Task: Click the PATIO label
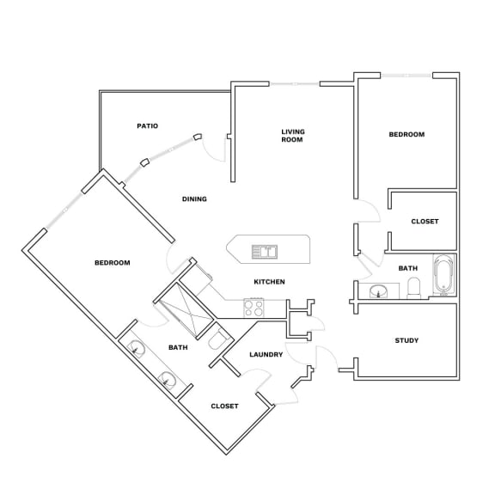[x=148, y=126]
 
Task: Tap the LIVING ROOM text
[x=293, y=136]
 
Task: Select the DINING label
[x=194, y=199]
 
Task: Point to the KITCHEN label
[x=269, y=282]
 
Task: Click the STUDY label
[x=406, y=340]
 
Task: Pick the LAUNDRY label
[x=266, y=355]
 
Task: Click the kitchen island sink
[x=265, y=252]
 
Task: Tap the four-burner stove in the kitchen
[x=254, y=308]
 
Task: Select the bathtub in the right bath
[x=444, y=275]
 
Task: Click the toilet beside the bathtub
[x=414, y=288]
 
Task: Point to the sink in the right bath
[x=378, y=291]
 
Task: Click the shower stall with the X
[x=186, y=311]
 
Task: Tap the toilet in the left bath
[x=217, y=340]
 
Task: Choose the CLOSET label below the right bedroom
[x=425, y=222]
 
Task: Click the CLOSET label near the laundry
[x=224, y=406]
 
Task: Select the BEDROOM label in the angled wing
[x=113, y=263]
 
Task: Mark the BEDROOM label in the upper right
[x=406, y=134]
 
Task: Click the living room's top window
[x=294, y=84]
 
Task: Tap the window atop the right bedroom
[x=406, y=76]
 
